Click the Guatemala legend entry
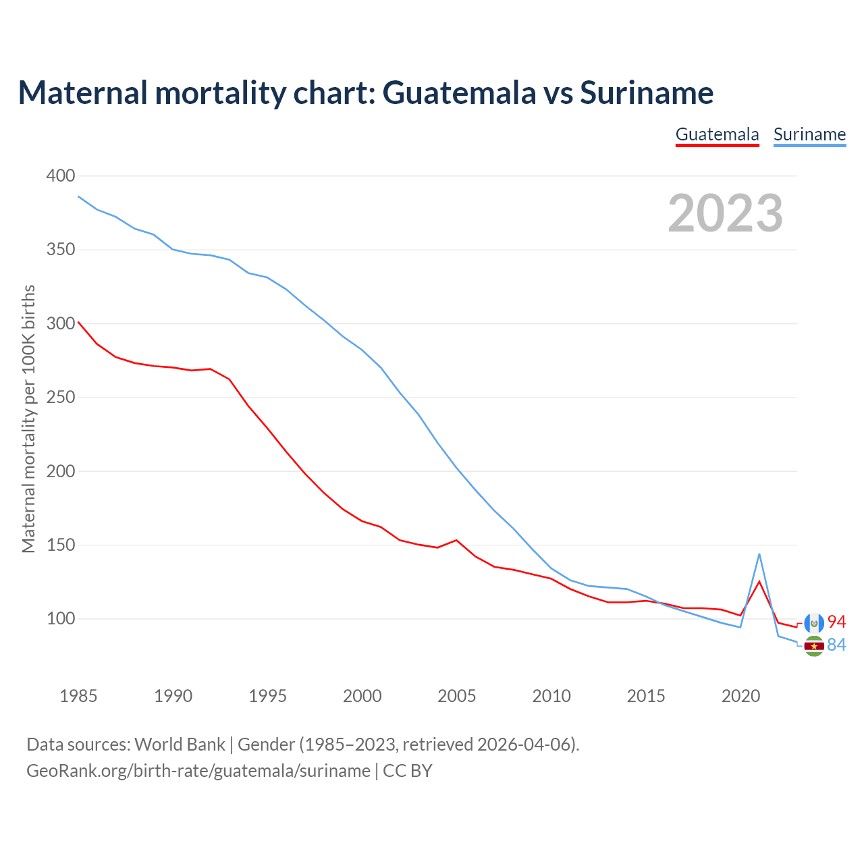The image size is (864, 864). [717, 134]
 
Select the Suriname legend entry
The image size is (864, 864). [809, 134]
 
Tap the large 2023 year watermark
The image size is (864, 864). [725, 213]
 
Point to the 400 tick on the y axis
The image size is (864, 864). [61, 176]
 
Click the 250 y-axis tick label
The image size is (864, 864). [61, 398]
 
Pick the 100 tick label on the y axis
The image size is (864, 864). [61, 619]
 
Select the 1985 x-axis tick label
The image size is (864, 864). [78, 696]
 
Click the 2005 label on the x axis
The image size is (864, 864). [457, 696]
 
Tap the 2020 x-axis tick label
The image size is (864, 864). [740, 696]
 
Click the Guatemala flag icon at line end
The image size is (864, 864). [814, 623]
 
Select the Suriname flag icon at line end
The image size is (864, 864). [814, 646]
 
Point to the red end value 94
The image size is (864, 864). [836, 622]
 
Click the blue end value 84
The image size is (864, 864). [836, 645]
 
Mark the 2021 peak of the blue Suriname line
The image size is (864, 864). [759, 555]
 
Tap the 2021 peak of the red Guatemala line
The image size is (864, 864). [759, 582]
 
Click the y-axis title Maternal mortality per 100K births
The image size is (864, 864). [28, 418]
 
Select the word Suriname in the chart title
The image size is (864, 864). [646, 92]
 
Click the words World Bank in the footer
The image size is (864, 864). [180, 745]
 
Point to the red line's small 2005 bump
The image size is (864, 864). [457, 540]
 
